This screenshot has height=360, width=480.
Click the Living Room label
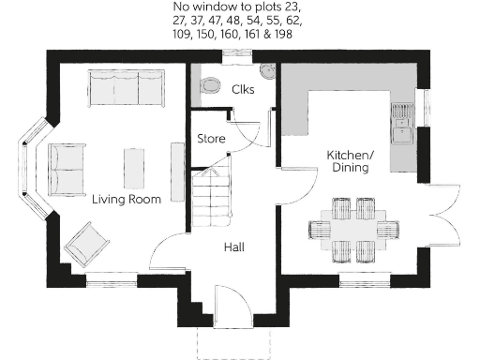(126, 199)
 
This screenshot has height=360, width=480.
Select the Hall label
(234, 247)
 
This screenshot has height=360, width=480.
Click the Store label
(211, 139)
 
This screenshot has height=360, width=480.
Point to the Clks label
(243, 89)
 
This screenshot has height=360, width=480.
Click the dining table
(352, 228)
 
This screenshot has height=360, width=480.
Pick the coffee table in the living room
(135, 165)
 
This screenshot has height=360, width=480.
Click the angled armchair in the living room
(87, 243)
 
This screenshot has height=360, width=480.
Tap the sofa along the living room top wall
(125, 87)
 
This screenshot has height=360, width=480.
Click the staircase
(211, 197)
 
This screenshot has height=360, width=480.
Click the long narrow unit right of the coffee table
(176, 165)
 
